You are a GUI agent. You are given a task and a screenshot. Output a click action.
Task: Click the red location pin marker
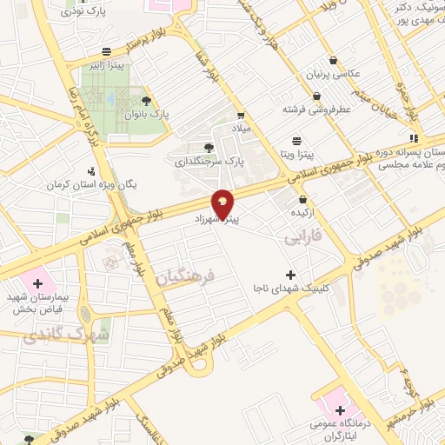click(223, 203)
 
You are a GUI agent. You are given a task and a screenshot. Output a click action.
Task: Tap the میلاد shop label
click(239, 128)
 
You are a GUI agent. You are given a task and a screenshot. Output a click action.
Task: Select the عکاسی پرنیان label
click(310, 76)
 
